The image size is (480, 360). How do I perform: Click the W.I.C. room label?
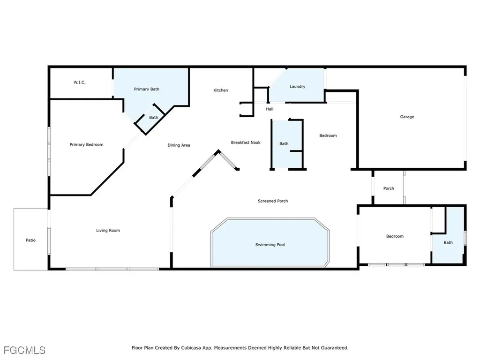(79, 82)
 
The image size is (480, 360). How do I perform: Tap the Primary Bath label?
(146, 89)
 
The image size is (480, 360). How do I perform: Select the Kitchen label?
(221, 90)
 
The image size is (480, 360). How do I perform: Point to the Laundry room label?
(297, 86)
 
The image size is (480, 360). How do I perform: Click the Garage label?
(407, 117)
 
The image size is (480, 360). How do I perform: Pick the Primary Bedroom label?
(86, 145)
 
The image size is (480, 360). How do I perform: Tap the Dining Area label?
(179, 145)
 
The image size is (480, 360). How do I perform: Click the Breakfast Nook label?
(246, 142)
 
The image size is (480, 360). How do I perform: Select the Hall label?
(270, 109)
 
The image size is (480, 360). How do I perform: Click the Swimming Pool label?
(270, 245)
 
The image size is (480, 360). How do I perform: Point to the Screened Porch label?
(273, 201)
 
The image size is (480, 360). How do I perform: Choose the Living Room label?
(108, 230)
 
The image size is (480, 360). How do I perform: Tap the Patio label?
(30, 240)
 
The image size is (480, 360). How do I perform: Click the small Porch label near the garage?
(389, 188)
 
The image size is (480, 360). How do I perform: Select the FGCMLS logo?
(24, 350)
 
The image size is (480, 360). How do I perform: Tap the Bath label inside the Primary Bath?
(154, 118)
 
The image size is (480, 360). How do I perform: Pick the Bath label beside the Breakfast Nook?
(284, 144)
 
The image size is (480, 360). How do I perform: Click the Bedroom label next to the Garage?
(328, 136)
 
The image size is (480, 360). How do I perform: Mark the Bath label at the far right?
(448, 242)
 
